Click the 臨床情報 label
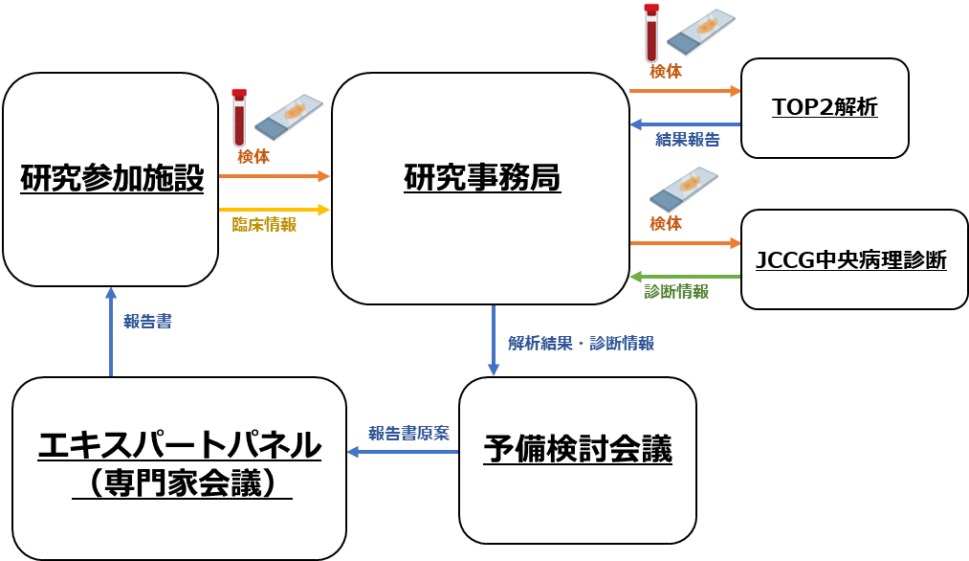coord(264,224)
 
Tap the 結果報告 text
coord(687,140)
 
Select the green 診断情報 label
coord(676,292)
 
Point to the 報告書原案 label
coord(408,434)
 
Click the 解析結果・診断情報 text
coord(581,344)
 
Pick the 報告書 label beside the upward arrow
coord(147,322)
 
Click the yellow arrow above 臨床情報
coord(274,210)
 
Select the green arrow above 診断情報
coord(685,277)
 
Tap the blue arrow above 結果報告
coord(685,124)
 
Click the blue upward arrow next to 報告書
coord(111,331)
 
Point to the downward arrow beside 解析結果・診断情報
coord(494,341)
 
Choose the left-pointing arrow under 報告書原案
coord(402,452)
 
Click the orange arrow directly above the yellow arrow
coord(274,176)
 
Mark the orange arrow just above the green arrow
coord(685,243)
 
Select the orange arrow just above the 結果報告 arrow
coord(685,91)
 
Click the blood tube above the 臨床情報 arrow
coord(239,117)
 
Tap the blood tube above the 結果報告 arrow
coord(651,33)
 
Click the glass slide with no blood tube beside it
coord(685,190)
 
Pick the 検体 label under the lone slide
coord(666,224)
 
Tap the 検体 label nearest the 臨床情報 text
coord(253,157)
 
